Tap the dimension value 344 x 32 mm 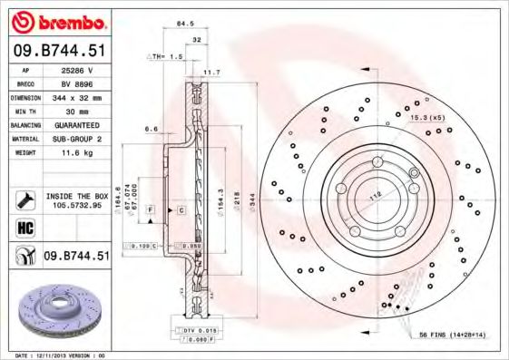click(x=77, y=95)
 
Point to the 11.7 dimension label click(x=211, y=72)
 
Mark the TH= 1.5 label click(x=165, y=56)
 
